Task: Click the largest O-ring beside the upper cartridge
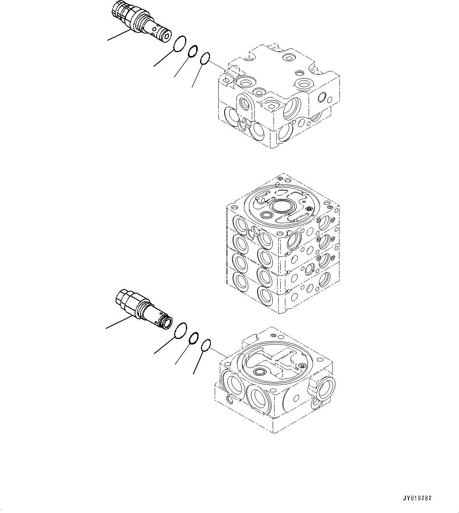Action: coord(180,43)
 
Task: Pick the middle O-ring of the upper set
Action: coord(192,51)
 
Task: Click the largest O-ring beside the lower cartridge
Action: coord(180,330)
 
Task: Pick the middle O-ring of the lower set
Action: coord(193,337)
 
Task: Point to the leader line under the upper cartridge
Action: coord(118,35)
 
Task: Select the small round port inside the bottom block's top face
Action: coord(260,372)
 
